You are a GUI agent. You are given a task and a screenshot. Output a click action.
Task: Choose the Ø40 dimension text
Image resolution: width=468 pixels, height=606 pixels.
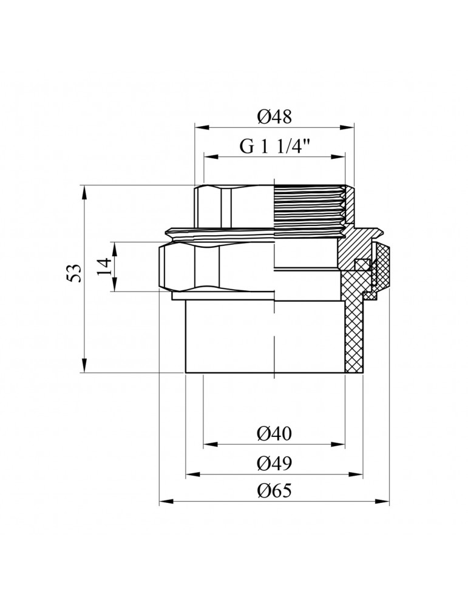274,434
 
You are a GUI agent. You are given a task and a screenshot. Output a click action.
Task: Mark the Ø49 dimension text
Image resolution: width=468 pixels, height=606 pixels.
274,464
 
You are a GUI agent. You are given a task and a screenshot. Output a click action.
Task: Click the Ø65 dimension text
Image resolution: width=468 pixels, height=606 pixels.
274,491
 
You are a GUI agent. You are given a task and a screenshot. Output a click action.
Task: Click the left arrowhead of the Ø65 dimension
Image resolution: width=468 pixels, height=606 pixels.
164,501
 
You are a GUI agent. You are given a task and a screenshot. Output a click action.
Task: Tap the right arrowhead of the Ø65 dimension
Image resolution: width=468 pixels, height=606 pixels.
384,501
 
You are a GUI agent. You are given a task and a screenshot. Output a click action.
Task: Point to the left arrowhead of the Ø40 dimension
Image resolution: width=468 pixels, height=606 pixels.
208,444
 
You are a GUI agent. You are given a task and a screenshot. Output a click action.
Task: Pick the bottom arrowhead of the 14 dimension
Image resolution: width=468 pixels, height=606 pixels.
114,287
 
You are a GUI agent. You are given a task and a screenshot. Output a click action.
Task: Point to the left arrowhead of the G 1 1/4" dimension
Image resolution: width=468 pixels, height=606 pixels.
209,157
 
